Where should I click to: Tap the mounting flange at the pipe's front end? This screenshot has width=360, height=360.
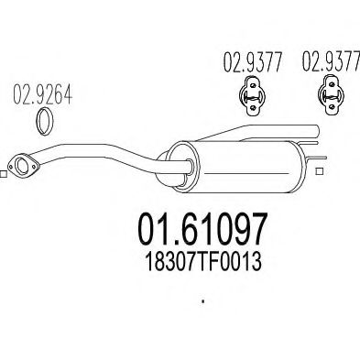pos(21,164)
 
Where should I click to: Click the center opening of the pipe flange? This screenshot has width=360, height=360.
pos(21,164)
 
